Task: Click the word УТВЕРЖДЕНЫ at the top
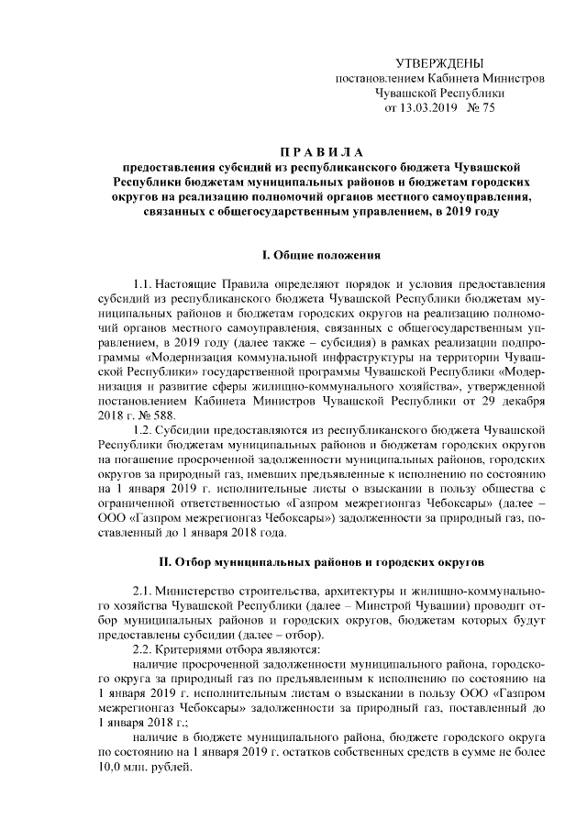[438, 62]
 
